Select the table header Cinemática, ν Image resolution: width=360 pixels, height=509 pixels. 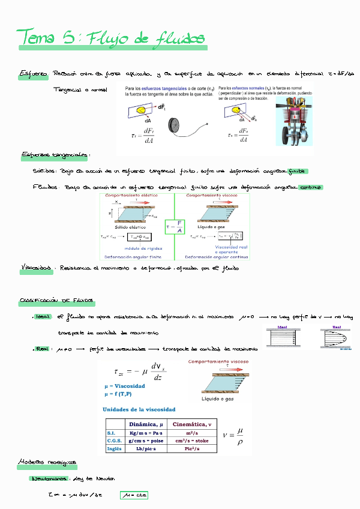coord(193,424)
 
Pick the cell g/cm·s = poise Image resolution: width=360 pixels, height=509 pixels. coord(147,440)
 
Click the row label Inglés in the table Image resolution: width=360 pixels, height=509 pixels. coord(114,448)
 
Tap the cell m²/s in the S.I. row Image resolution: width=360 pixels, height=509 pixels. coord(193,432)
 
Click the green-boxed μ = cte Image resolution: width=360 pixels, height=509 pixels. coord(133,496)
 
